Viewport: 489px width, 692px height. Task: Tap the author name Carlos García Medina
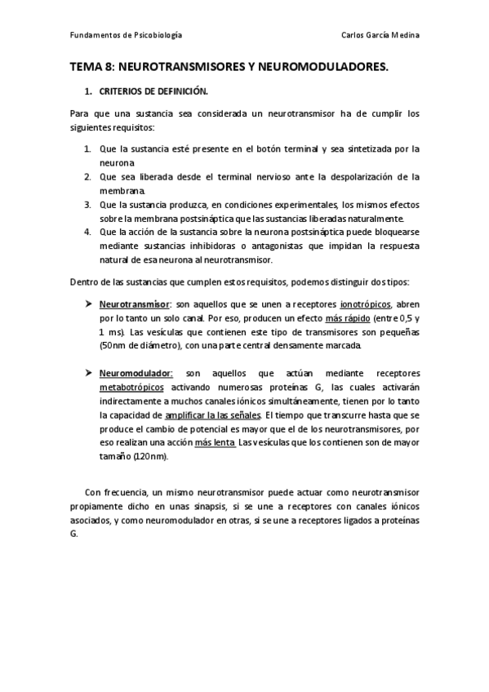pyautogui.click(x=381, y=36)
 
